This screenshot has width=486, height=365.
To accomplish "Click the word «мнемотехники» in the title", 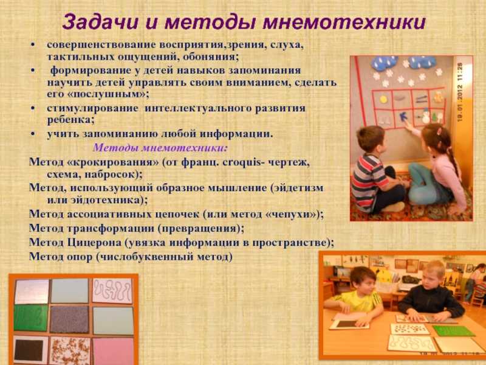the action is tap(344, 23).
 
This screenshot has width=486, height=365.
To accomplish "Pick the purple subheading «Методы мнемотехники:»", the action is tap(160, 147).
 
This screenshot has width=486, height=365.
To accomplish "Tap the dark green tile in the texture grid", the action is tap(31, 318).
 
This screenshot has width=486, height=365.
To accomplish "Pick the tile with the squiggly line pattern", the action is tap(112, 291).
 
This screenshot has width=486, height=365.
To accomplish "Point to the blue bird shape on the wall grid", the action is tap(403, 117).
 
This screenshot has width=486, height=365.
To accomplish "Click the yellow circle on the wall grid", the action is tap(383, 99).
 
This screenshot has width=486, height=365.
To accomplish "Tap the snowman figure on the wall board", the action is tap(426, 116).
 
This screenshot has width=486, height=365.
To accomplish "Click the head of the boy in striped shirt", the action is tap(371, 139).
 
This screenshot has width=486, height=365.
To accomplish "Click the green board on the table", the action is tap(453, 331).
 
